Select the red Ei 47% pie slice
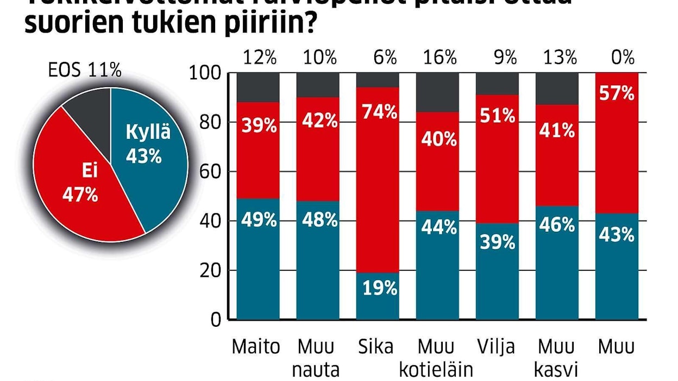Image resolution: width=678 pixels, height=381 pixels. [81, 185]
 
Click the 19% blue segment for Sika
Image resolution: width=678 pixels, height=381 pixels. [378, 296]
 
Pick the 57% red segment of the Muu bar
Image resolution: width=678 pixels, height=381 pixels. [617, 141]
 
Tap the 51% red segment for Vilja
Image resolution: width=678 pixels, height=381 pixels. [497, 157]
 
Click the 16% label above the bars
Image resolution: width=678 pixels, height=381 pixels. [438, 57]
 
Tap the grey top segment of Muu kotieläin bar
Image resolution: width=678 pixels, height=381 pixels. [437, 92]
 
